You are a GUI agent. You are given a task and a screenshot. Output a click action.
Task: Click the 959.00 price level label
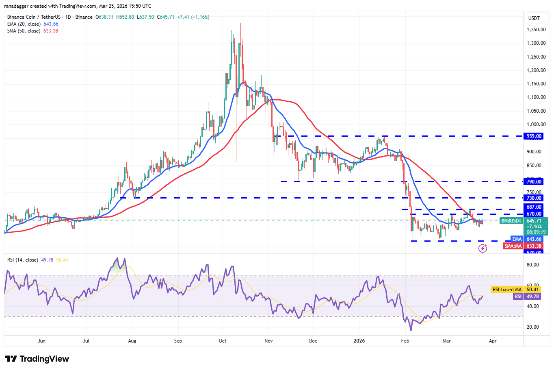point(534,136)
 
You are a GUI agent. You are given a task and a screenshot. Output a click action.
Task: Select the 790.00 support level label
point(534,182)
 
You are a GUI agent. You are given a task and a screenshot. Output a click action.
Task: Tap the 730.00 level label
point(534,198)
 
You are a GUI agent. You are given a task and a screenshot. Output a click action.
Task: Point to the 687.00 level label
point(534,207)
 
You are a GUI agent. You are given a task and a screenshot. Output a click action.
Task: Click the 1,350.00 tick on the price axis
point(536,30)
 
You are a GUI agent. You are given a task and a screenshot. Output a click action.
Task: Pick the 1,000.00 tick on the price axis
point(536,124)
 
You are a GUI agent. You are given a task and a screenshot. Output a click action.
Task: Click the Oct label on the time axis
point(223,341)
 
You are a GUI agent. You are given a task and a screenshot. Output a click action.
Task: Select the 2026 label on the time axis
point(359,341)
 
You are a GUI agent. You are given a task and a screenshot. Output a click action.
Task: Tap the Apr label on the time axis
point(493,341)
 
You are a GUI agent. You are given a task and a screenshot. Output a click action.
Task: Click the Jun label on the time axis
point(41,341)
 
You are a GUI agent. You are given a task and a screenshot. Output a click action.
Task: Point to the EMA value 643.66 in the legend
point(51,24)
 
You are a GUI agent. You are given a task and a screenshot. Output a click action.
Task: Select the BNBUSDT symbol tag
point(511,221)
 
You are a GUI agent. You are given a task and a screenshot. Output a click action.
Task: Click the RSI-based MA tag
point(506,290)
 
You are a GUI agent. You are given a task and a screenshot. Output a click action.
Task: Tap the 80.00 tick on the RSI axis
point(533,265)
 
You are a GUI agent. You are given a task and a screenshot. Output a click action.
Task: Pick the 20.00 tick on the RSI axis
point(533,327)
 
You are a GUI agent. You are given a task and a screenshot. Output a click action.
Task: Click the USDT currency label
point(534,18)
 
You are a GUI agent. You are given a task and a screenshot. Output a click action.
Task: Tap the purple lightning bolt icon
point(483,248)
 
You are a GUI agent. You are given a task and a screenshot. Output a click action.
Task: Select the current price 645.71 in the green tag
point(534,221)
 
